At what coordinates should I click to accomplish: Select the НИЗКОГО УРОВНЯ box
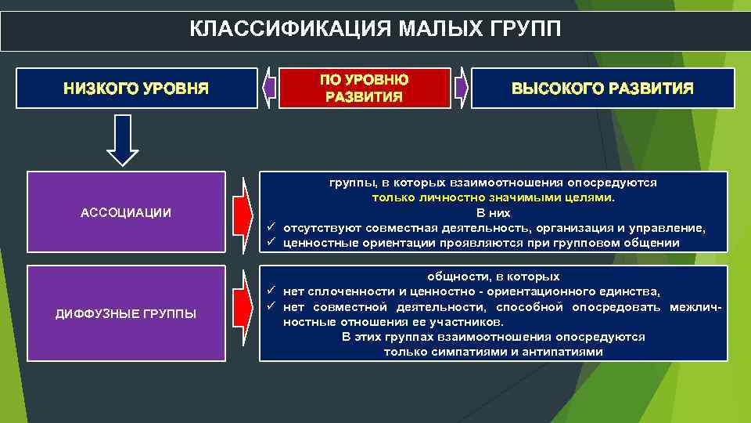[136, 88]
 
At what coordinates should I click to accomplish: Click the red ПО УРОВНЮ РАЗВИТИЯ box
[365, 89]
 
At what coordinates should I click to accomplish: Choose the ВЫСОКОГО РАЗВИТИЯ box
[602, 88]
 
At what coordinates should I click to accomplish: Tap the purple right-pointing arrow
[461, 88]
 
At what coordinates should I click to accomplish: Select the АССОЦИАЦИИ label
[126, 212]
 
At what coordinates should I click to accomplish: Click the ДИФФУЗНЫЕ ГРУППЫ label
[126, 314]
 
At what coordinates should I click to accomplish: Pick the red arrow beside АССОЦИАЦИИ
[243, 212]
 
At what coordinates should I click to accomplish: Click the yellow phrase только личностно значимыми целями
[493, 197]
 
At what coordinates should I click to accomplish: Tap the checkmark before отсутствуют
[270, 228]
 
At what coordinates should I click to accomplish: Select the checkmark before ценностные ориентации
[270, 243]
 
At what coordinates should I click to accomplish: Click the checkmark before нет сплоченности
[270, 291]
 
